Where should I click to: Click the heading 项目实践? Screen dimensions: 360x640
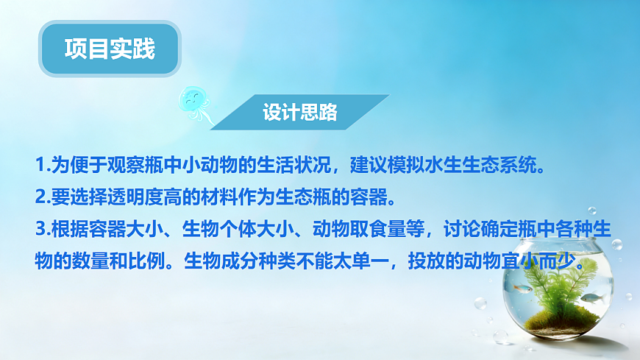click(x=110, y=49)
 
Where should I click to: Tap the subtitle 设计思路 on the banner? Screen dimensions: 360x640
click(x=300, y=113)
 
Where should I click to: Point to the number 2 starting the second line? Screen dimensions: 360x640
click(x=40, y=197)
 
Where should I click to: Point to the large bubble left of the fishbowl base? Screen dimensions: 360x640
click(x=480, y=303)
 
